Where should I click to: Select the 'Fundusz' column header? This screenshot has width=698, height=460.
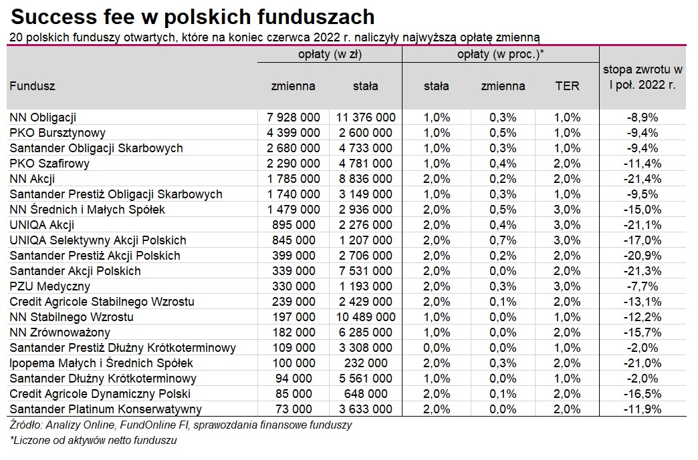(32, 85)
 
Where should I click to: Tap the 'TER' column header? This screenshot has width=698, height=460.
(567, 85)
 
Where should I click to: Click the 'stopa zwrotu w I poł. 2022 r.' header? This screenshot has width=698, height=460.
(643, 77)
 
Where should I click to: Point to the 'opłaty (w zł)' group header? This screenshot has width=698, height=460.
(330, 54)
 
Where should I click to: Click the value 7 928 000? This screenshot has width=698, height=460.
(294, 118)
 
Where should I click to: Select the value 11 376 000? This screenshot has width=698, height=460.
(366, 118)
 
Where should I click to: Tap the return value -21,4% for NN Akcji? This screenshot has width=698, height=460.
(643, 179)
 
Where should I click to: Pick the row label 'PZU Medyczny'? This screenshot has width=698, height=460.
(50, 286)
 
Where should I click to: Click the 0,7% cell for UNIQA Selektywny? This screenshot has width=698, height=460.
(503, 240)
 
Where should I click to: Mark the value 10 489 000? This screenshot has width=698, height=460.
(366, 317)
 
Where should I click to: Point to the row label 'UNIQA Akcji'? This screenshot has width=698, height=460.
(42, 225)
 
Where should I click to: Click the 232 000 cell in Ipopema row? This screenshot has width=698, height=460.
(366, 363)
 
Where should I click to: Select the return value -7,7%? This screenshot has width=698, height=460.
(643, 286)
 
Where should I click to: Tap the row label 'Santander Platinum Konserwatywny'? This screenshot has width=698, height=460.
(106, 409)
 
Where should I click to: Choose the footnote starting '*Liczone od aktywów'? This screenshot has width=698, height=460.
(93, 441)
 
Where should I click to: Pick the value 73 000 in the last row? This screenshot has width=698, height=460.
(294, 409)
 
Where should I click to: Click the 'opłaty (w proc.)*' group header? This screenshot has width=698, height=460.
(501, 54)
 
